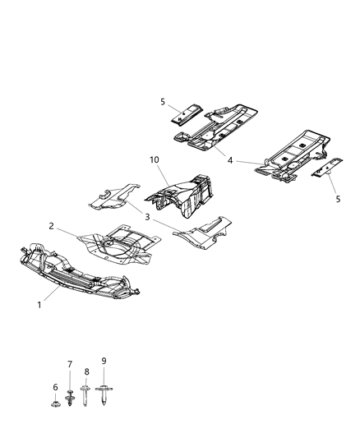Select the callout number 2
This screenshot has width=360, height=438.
(51, 226)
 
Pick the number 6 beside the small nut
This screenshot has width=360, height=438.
(56, 388)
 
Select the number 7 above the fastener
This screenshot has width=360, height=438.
(70, 364)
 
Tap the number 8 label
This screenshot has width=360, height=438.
(85, 372)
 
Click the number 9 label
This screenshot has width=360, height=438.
(104, 360)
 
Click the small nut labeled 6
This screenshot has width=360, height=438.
(57, 403)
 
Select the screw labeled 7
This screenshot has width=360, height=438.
(71, 398)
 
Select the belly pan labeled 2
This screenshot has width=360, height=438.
(115, 247)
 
